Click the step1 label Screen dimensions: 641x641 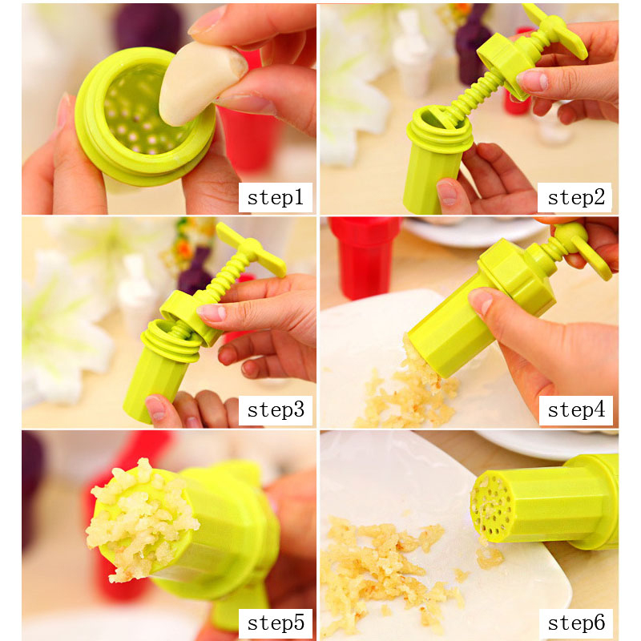(x=275, y=198)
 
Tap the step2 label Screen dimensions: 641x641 (x=576, y=198)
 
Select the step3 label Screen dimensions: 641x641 (x=276, y=410)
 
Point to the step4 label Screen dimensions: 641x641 (x=576, y=410)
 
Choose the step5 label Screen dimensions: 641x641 (x=276, y=623)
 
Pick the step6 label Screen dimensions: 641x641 (x=576, y=623)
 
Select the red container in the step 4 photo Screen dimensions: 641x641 (x=364, y=256)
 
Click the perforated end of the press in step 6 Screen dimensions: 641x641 (x=490, y=506)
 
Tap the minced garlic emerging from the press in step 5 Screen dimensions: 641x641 (x=139, y=519)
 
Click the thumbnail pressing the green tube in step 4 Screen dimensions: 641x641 (x=482, y=300)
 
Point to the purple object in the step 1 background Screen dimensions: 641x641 (x=148, y=27)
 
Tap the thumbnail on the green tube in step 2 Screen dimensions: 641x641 (x=447, y=192)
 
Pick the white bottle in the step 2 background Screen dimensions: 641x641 (x=412, y=52)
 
